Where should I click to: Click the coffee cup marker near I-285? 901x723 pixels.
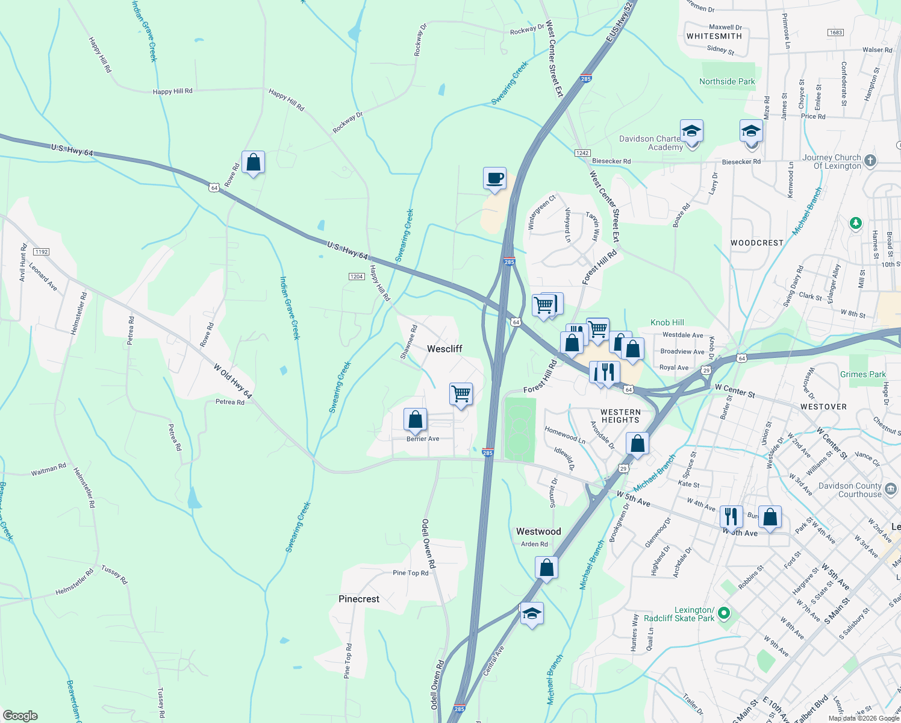tap(494, 179)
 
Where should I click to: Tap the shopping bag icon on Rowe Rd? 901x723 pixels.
tap(253, 163)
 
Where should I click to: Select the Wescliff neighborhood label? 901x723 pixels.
tap(444, 349)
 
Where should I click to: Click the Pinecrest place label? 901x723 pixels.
tap(359, 599)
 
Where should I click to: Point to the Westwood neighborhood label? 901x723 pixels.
tap(538, 531)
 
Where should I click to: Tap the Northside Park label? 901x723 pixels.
tap(727, 81)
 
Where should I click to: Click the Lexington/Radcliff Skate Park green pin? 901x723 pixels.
tap(725, 614)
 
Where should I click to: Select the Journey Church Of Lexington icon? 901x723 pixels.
tap(870, 161)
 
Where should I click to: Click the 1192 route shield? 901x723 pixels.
tap(42, 252)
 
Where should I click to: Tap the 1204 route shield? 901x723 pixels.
tap(357, 277)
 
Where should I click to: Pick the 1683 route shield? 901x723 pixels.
tap(835, 33)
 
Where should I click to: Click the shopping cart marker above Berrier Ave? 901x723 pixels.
tap(461, 394)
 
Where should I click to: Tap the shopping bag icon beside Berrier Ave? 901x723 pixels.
tap(415, 419)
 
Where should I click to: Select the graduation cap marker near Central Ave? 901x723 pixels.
tap(532, 614)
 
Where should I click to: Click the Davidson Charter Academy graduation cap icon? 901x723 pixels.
tap(691, 131)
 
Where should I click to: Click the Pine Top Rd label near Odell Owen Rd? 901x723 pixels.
tap(410, 573)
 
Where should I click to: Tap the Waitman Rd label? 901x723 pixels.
tap(49, 469)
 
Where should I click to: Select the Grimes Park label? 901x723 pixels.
tap(862, 374)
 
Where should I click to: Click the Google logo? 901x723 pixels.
tap(20, 716)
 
